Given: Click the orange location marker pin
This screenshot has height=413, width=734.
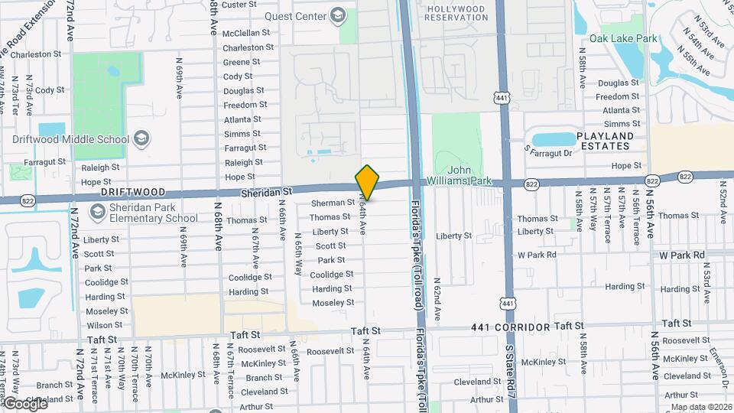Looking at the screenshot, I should click(367, 182).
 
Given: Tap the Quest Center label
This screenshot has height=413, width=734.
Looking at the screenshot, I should click(295, 16).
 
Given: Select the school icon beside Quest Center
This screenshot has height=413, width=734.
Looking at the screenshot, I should click(336, 16).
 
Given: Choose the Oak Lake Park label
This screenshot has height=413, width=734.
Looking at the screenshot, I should click(623, 38).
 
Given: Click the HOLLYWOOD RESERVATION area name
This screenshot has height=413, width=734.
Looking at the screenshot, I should click(456, 13).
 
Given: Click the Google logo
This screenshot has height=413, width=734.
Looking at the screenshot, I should click(24, 403).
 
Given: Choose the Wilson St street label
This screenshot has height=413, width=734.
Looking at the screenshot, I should click(104, 325).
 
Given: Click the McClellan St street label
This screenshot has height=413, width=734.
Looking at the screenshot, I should click(245, 33).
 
